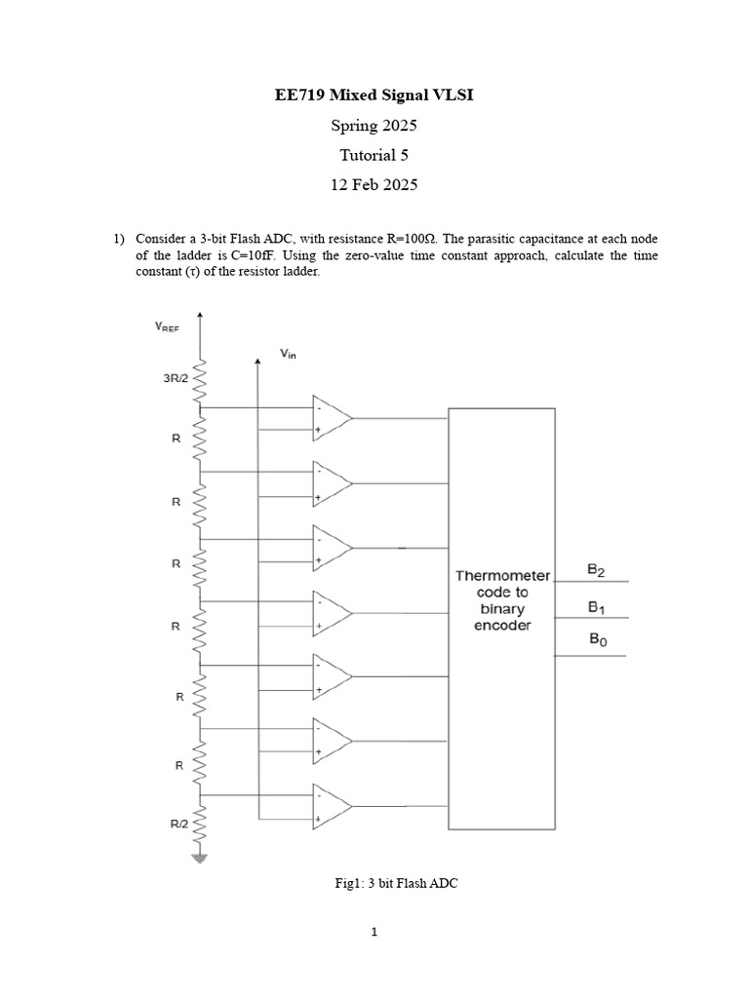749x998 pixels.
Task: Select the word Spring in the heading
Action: (x=355, y=126)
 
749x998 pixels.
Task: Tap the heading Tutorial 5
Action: (x=374, y=155)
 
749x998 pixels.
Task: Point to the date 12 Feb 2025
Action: (x=374, y=184)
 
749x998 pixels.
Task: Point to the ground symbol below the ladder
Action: (x=201, y=858)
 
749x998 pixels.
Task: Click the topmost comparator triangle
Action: (x=331, y=418)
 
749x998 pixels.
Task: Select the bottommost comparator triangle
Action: (x=331, y=805)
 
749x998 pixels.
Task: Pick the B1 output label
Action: (x=595, y=605)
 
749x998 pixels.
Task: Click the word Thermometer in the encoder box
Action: (x=502, y=575)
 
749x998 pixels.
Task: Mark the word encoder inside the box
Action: (x=502, y=625)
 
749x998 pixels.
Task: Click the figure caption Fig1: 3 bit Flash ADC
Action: (x=396, y=884)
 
